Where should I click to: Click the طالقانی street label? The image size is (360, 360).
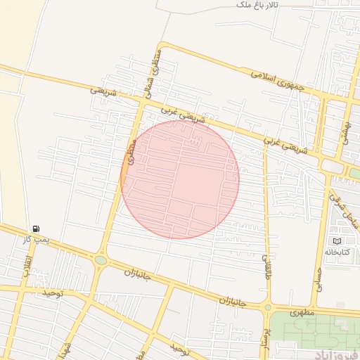(x=268, y=266)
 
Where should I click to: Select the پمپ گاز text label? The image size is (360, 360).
(x=37, y=239)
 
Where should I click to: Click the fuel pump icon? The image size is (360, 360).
(x=36, y=229)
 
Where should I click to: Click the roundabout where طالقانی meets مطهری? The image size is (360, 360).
(x=267, y=307)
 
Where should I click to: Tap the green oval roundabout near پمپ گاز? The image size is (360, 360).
(x=101, y=261)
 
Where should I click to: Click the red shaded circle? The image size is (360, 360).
(x=180, y=179)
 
